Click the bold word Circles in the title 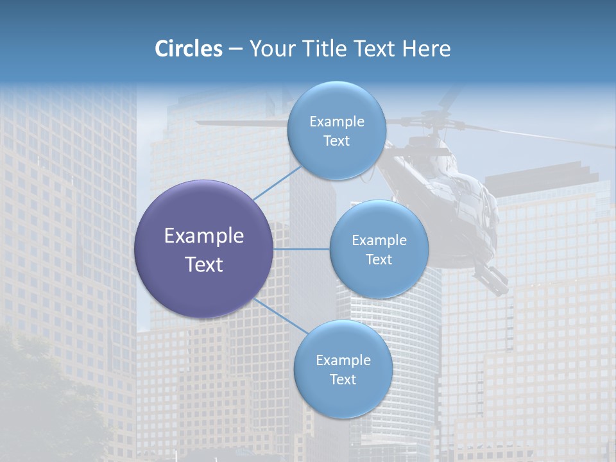(x=188, y=49)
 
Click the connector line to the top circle (x=277, y=183)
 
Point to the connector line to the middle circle (x=302, y=249)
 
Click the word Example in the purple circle (x=204, y=235)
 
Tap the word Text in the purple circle (x=204, y=264)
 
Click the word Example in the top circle (x=337, y=121)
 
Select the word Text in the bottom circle (x=343, y=379)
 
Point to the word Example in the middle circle (x=379, y=240)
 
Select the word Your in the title (x=269, y=49)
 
